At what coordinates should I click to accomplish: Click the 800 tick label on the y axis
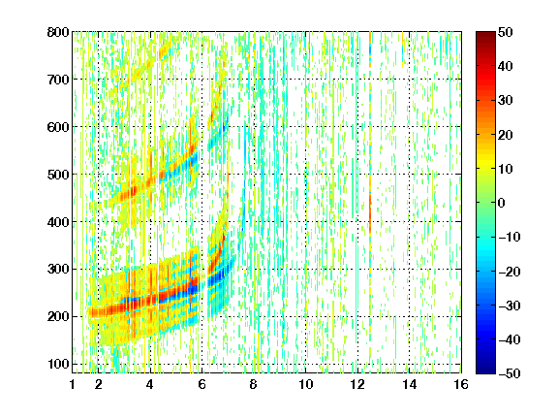pyautogui.click(x=58, y=32)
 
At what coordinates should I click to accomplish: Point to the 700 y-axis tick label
pyautogui.click(x=58, y=80)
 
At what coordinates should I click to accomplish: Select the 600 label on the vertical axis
pyautogui.click(x=58, y=127)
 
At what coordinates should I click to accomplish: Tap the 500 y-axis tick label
pyautogui.click(x=58, y=175)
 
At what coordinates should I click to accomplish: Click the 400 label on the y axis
pyautogui.click(x=58, y=222)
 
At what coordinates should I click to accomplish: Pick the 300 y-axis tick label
pyautogui.click(x=58, y=270)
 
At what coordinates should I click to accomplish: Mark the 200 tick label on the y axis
pyautogui.click(x=58, y=317)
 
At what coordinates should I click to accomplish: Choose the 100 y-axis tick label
pyautogui.click(x=58, y=364)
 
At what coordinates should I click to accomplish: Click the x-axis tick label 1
pyautogui.click(x=73, y=384)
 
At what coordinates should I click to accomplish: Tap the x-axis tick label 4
pyautogui.click(x=150, y=384)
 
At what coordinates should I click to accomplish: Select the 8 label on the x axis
pyautogui.click(x=254, y=384)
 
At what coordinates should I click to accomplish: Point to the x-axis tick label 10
pyautogui.click(x=306, y=384)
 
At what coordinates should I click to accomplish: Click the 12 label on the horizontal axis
pyautogui.click(x=357, y=384)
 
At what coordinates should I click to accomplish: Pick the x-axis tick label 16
pyautogui.click(x=461, y=384)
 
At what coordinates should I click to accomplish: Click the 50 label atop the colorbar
pyautogui.click(x=506, y=32)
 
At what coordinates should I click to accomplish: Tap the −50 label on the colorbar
pyautogui.click(x=510, y=373)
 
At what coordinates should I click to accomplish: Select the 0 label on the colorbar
pyautogui.click(x=502, y=203)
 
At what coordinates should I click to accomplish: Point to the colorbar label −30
pyautogui.click(x=510, y=306)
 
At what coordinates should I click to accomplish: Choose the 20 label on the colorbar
pyautogui.click(x=506, y=135)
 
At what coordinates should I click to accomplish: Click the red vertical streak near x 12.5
pyautogui.click(x=370, y=213)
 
